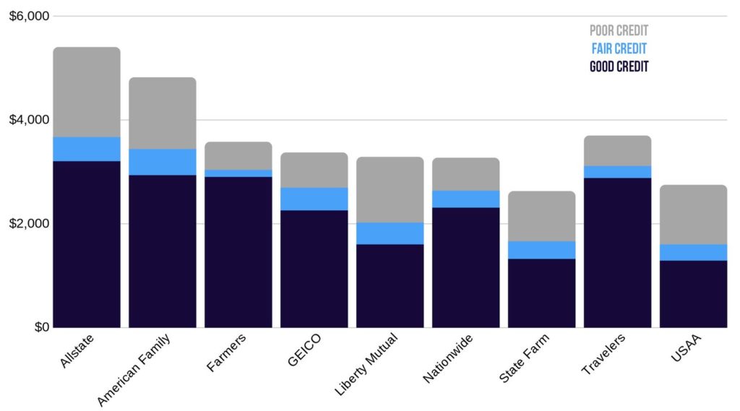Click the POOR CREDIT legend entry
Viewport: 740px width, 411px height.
point(619,31)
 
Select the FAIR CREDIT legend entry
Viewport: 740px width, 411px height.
point(619,48)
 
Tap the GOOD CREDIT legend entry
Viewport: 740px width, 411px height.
point(619,66)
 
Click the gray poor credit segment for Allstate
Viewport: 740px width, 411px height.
point(87,92)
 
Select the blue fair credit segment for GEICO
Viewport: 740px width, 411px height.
point(314,199)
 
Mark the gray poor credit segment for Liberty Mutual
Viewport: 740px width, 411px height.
point(390,189)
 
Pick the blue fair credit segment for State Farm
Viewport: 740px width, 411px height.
point(542,250)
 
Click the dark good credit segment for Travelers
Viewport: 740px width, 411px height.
point(618,252)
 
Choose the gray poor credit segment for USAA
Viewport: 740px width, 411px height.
point(694,215)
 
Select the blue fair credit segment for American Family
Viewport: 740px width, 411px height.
point(163,162)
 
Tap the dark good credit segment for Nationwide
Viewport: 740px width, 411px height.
point(466,267)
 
